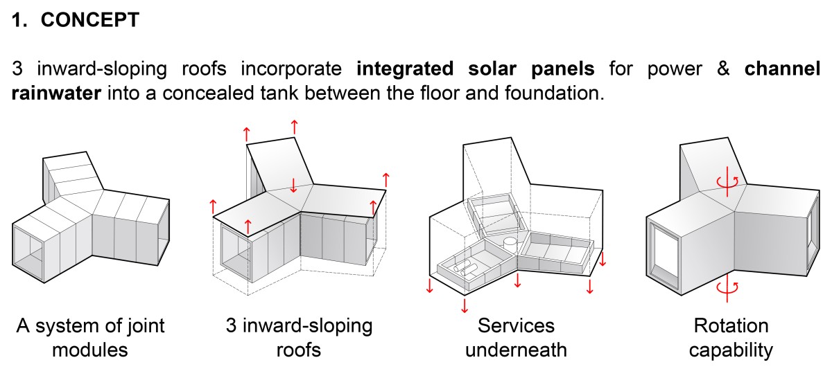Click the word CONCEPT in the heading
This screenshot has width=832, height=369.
coord(90,20)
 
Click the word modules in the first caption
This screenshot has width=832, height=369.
coord(90,350)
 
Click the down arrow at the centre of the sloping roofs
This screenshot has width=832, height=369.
coord(293,185)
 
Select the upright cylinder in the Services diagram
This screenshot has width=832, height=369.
coord(510,244)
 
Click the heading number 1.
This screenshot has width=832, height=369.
coord(18,20)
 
